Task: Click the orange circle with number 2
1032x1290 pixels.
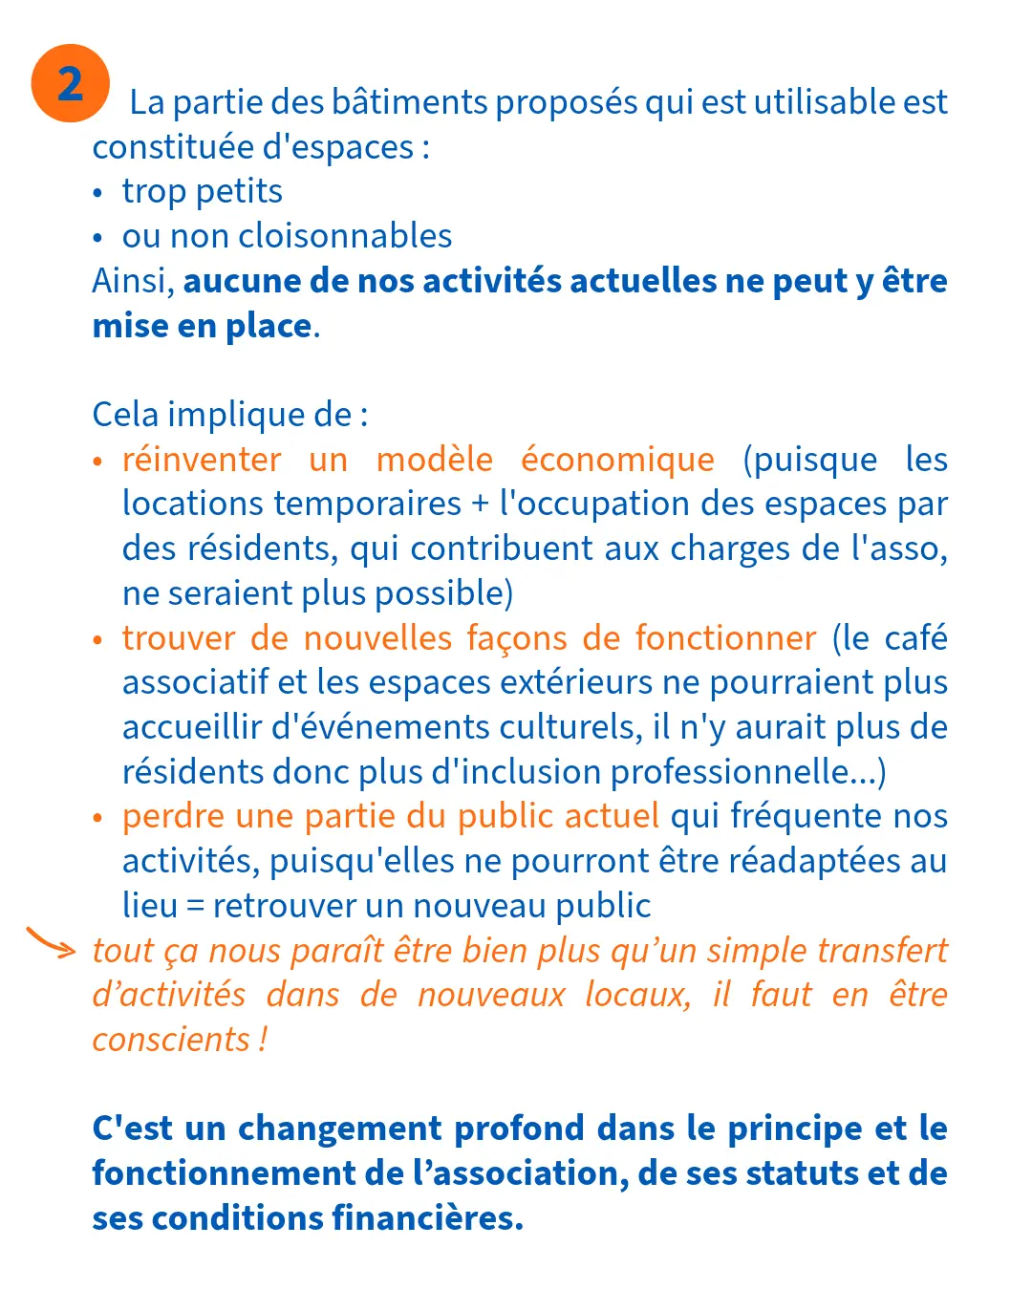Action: [x=70, y=83]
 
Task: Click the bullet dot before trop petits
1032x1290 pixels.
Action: [x=97, y=193]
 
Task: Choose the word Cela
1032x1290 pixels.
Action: [x=125, y=415]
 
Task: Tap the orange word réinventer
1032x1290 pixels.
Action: [x=202, y=460]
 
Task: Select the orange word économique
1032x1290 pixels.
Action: [x=617, y=460]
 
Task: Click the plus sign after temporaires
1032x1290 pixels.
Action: [x=481, y=505]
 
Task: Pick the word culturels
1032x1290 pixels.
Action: [x=579, y=727]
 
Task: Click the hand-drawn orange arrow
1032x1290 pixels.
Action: [x=50, y=942]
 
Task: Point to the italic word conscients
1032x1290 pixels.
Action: [x=171, y=1040]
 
